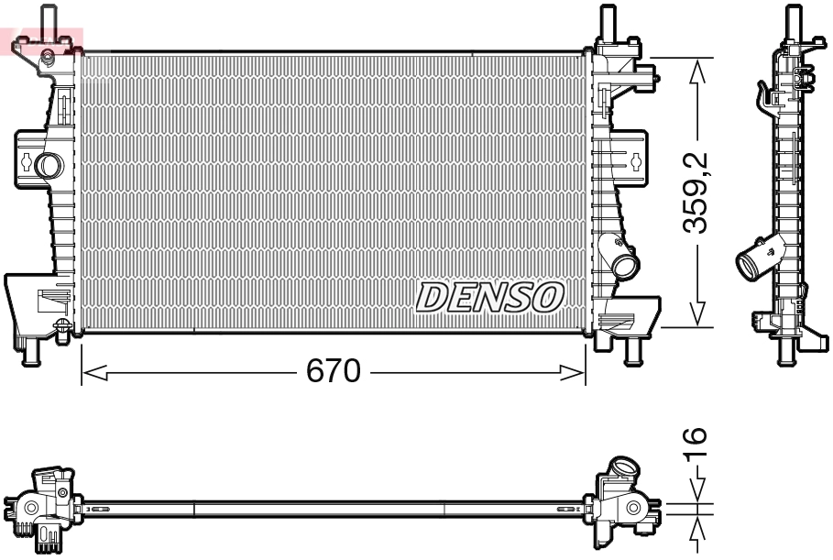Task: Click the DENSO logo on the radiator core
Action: coord(489,296)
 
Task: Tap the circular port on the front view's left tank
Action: coord(47,165)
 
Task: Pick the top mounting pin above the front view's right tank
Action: coord(606,21)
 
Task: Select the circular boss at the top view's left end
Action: coord(30,507)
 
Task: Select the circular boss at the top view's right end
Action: coord(633,507)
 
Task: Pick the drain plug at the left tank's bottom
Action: coord(61,325)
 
